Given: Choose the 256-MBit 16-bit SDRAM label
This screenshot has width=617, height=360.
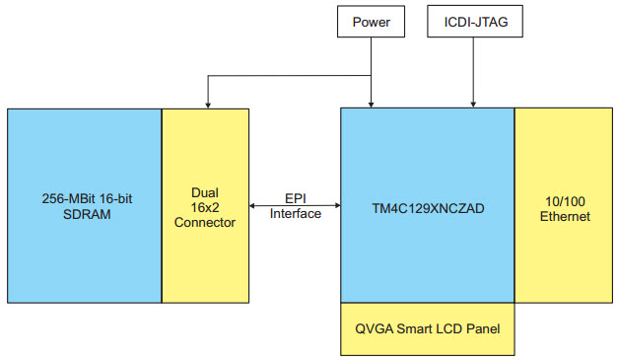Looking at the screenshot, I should point(84,207).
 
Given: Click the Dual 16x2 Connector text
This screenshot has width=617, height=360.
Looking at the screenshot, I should point(205,207).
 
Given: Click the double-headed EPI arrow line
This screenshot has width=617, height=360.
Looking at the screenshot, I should point(296,205).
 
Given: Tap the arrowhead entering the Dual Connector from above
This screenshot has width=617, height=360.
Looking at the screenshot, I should point(205,103).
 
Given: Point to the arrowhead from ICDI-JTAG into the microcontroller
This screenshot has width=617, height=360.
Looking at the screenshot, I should point(475,103).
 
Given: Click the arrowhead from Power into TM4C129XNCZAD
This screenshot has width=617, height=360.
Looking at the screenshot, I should point(371,103).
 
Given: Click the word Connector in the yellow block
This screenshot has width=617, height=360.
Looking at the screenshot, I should point(205,223).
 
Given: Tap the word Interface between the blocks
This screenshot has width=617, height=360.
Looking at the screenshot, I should point(296,214).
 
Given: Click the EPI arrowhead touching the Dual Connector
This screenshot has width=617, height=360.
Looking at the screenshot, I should point(254,205).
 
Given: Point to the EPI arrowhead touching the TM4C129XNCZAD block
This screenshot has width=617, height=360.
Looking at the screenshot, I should point(336,205).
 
